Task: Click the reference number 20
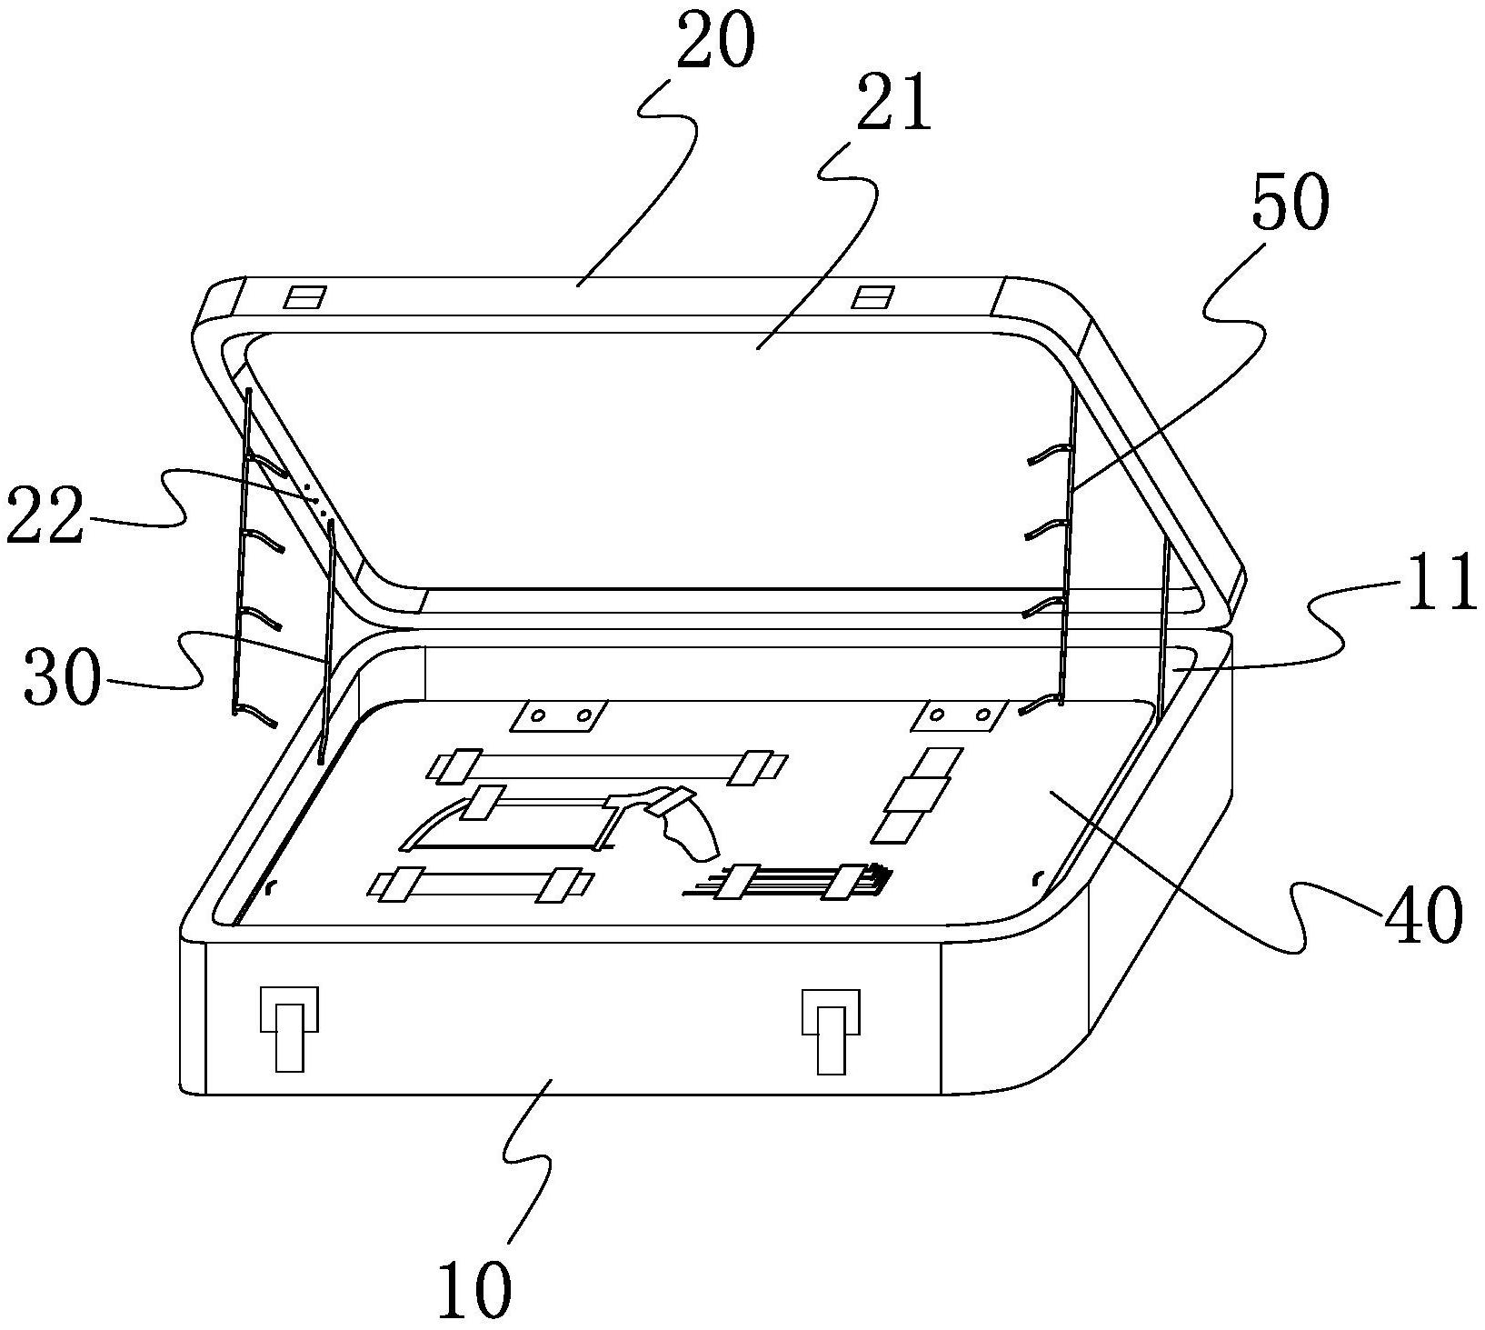coord(715,45)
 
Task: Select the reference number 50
coord(1289,205)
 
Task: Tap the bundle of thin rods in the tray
coord(791,880)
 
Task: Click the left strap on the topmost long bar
coord(460,765)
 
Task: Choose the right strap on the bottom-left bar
coord(563,885)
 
